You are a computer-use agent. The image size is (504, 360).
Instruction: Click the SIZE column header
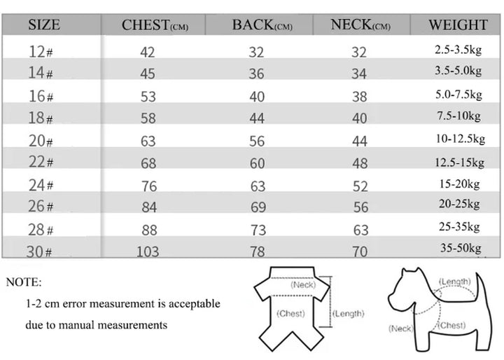point(43,25)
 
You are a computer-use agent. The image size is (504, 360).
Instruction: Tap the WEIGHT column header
point(458,25)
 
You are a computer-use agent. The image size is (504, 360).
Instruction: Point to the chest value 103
point(148,251)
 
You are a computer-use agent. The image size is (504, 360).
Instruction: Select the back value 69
point(257,208)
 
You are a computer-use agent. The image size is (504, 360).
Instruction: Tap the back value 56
point(257,141)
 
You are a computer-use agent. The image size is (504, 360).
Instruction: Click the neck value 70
point(359,251)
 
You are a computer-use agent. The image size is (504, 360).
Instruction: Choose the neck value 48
point(359,163)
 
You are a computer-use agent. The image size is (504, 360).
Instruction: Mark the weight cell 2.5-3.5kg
point(458,50)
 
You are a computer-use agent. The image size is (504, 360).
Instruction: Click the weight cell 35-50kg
point(458,248)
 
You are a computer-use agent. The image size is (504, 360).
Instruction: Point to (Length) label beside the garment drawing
point(348,314)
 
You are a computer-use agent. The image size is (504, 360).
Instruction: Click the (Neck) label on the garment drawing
point(304,284)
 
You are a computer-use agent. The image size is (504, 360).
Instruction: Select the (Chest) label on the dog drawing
point(451,325)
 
